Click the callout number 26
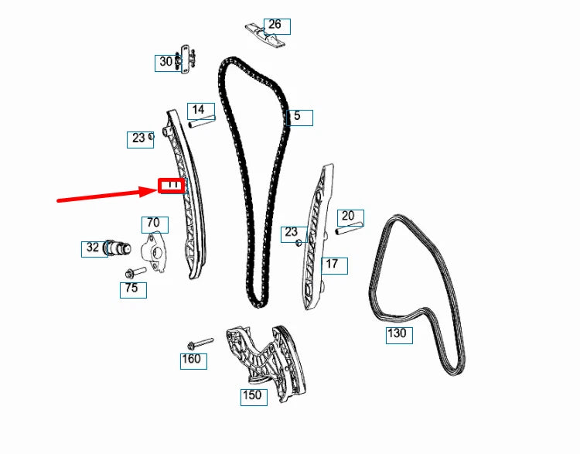click(x=275, y=26)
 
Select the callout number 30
click(x=165, y=62)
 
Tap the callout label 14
click(x=198, y=110)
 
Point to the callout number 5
click(x=299, y=118)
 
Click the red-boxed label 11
click(x=171, y=186)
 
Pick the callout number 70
click(x=153, y=224)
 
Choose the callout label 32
click(x=92, y=248)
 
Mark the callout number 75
click(x=132, y=289)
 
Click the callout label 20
click(x=349, y=217)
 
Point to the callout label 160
click(x=191, y=360)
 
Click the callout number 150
click(x=252, y=396)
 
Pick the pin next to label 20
click(x=350, y=229)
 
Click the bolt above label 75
click(x=134, y=273)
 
